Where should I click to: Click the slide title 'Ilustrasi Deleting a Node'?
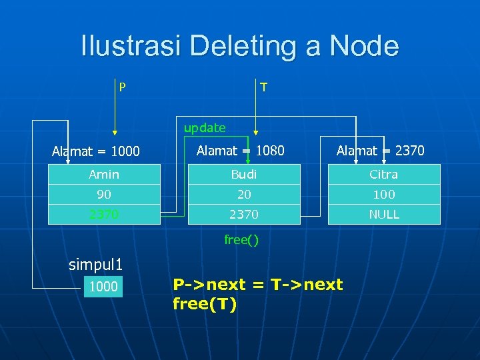[240, 47]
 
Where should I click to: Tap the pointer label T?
[264, 87]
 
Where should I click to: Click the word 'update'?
[205, 127]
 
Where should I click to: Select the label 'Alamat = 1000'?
[96, 151]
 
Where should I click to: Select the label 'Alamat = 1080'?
[240, 151]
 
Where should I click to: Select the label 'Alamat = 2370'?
[380, 151]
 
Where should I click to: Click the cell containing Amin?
[104, 175]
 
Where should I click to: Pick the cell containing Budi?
[244, 175]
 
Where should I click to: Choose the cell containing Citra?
[384, 175]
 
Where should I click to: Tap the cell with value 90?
[104, 195]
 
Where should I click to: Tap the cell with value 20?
[244, 195]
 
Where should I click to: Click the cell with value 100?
[384, 195]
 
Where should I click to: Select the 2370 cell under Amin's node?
[104, 214]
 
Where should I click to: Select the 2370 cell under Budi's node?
[244, 214]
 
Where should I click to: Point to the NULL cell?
[384, 214]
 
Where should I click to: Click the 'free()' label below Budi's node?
[241, 240]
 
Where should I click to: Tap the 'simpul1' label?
[96, 264]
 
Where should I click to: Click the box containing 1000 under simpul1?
[103, 287]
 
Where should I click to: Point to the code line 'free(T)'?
[205, 305]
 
